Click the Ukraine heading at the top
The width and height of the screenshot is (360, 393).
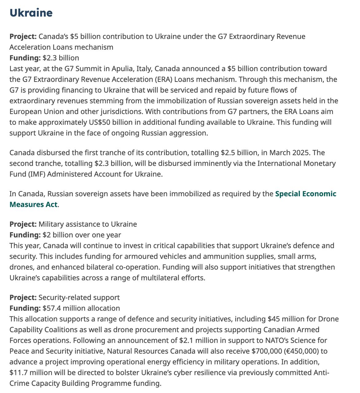[31, 13]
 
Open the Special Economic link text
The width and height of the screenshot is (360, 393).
[306, 194]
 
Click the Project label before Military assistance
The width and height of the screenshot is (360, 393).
[23, 224]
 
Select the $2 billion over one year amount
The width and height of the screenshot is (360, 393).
[82, 235]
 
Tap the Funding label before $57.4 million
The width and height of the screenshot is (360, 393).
[25, 308]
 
